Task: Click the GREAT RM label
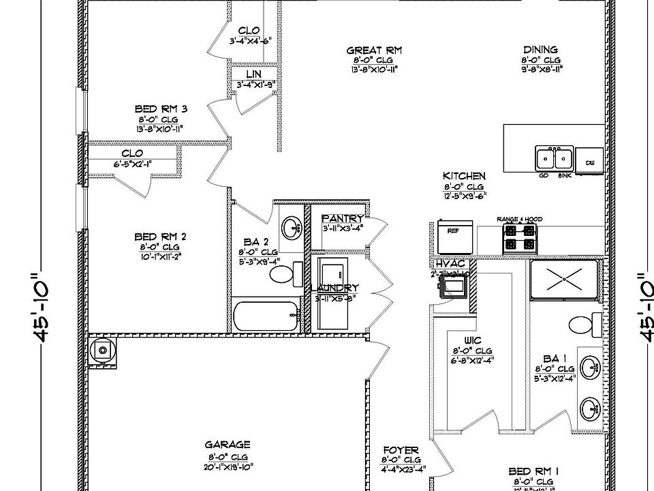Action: point(374,50)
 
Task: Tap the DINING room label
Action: point(541,50)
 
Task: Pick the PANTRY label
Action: point(343,218)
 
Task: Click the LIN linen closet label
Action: point(254,74)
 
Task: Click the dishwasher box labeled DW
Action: point(589,162)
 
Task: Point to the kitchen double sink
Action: point(553,159)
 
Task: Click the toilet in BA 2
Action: point(283,274)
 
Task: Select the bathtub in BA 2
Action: point(266,316)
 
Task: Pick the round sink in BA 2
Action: point(292,227)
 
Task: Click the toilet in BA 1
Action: point(581,324)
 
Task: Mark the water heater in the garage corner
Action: point(102,351)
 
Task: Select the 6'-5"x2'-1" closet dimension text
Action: point(131,164)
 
